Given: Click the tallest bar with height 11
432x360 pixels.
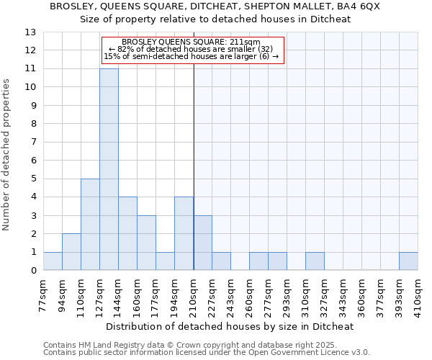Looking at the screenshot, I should (x=109, y=169).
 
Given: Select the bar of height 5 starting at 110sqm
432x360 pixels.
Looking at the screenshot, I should (x=90, y=225).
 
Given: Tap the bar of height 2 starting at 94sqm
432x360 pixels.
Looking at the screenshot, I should (x=71, y=252).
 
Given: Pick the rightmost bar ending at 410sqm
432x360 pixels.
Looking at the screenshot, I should (x=408, y=261).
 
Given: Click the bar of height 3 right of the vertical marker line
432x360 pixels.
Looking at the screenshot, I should (x=202, y=243).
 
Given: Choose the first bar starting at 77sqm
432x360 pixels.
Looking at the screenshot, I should (x=53, y=261).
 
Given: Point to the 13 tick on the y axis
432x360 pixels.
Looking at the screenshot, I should (x=30, y=32).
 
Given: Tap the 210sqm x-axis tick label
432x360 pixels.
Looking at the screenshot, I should (x=194, y=294).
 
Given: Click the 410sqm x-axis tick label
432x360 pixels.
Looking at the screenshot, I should (x=418, y=294).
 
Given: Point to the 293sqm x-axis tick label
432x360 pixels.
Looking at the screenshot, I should (x=287, y=294).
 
